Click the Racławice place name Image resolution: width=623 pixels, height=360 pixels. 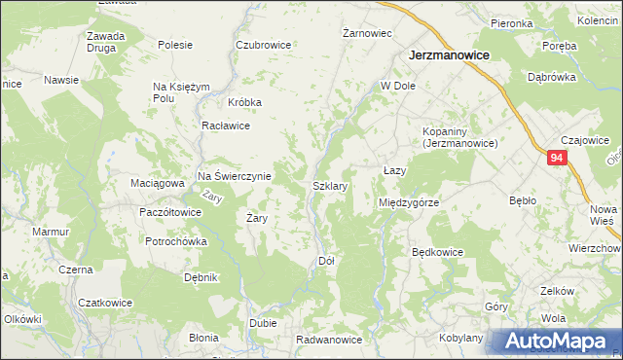coord(226,126)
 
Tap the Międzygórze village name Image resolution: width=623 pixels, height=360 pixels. coord(409,202)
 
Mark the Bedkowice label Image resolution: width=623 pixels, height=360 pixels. coord(437,252)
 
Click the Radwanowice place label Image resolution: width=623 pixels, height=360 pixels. coord(329,340)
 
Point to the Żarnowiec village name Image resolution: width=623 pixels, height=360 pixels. coord(368,33)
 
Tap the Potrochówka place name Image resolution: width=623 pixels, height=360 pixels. coord(173,241)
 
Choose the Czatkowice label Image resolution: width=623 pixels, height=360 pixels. coord(104,302)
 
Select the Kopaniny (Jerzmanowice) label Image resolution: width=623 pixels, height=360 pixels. coord(459,137)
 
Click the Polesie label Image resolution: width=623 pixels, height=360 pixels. coord(175,45)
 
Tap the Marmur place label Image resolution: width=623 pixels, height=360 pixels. coord(50,233)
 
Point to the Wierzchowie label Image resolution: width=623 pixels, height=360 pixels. coord(596,248)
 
